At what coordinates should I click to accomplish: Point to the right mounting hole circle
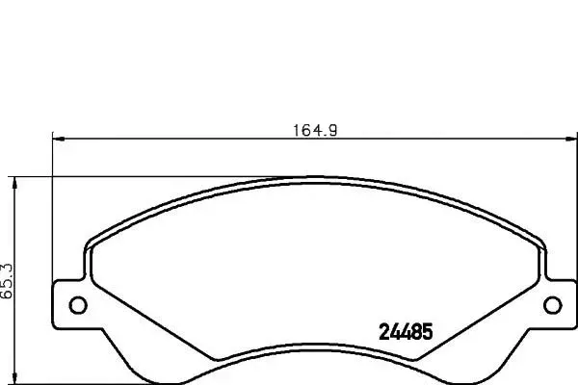click(x=553, y=305)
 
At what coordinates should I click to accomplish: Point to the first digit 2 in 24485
click(x=378, y=328)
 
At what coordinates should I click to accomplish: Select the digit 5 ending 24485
click(x=427, y=328)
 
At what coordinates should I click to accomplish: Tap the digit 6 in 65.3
click(x=8, y=296)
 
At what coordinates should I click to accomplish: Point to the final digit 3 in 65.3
click(x=8, y=264)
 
